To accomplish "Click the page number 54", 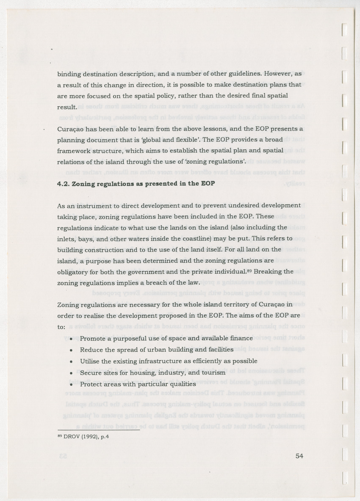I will coord(299,456).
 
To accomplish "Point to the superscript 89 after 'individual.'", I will coord(249,270).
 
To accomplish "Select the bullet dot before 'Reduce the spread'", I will coord(71,350).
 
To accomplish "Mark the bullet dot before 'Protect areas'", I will coord(71,385).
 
